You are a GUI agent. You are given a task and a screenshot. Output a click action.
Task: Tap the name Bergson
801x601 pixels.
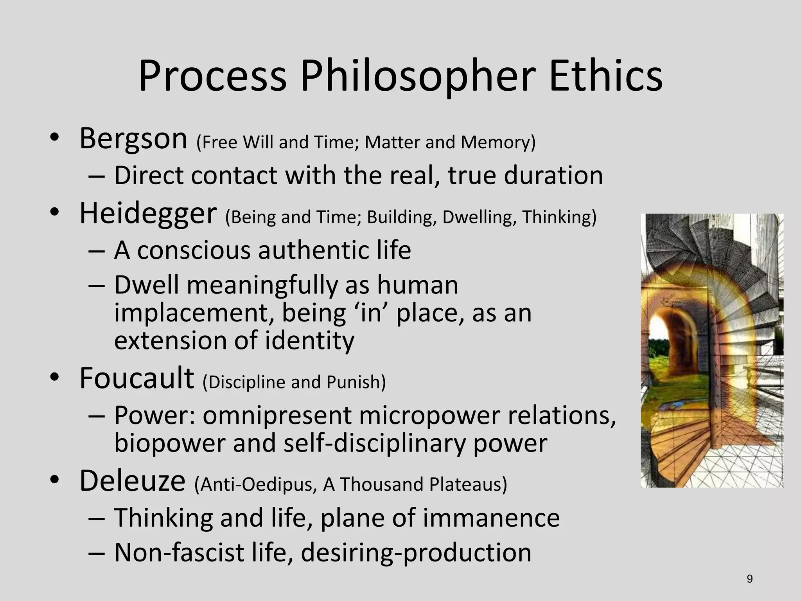click(x=133, y=139)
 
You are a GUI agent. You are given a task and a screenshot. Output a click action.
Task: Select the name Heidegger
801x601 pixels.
click(x=148, y=214)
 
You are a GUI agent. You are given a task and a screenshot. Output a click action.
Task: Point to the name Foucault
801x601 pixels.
click(x=136, y=378)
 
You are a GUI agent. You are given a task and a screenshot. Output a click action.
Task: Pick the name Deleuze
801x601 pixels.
click(x=132, y=481)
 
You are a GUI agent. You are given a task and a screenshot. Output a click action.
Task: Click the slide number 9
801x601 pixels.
click(x=749, y=579)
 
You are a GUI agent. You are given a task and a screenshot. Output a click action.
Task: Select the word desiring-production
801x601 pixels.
click(x=416, y=552)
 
